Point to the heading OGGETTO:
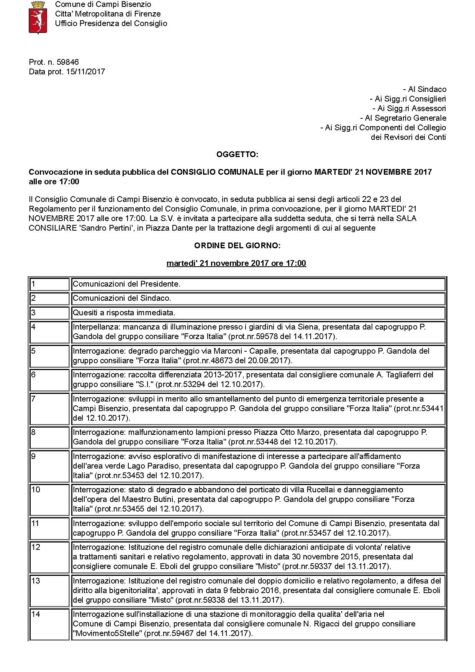tap(237, 154)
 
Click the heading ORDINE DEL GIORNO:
tap(237, 246)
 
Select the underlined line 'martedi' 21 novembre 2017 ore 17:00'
tap(236, 263)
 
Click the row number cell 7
tap(49, 408)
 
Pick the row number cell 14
tap(49, 624)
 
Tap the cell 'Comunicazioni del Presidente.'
tap(127, 284)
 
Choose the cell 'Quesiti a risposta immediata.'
tap(124, 313)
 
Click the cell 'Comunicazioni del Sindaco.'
tap(122, 298)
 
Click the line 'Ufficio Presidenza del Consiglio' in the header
tap(111, 23)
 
